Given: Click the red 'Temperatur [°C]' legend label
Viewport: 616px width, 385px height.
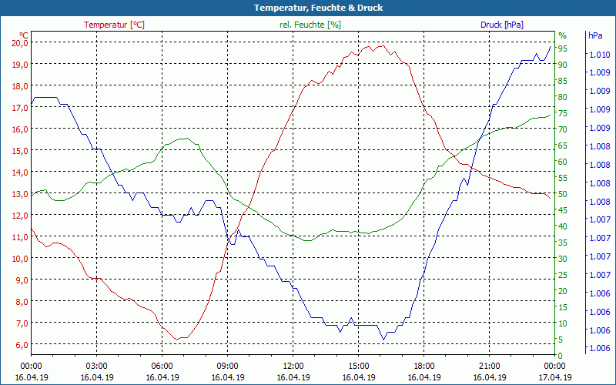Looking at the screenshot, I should [x=114, y=25].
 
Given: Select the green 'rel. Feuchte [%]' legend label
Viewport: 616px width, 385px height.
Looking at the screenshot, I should [x=310, y=25].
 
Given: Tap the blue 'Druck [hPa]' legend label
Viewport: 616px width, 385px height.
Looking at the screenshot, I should [x=502, y=25].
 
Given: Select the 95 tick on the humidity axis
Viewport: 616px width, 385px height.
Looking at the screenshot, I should [x=563, y=49].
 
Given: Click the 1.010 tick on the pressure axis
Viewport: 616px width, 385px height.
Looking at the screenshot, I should [x=600, y=55].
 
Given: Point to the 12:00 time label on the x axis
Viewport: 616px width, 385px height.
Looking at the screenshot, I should [x=293, y=366].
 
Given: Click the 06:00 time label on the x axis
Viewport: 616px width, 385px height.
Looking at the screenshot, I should [x=162, y=366].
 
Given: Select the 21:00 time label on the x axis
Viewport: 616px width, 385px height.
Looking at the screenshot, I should [x=489, y=366].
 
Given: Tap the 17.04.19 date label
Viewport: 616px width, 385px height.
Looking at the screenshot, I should [x=554, y=377].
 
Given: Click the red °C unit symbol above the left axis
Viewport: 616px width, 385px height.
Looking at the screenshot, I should [x=24, y=35].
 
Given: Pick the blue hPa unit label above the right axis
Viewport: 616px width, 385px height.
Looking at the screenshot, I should [x=594, y=35].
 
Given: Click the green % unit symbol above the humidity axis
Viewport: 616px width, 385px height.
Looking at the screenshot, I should [x=562, y=35].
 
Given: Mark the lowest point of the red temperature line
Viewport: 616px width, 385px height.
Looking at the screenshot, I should [x=177, y=339].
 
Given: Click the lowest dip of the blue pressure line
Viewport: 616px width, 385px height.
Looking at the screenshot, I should [x=383, y=339].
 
